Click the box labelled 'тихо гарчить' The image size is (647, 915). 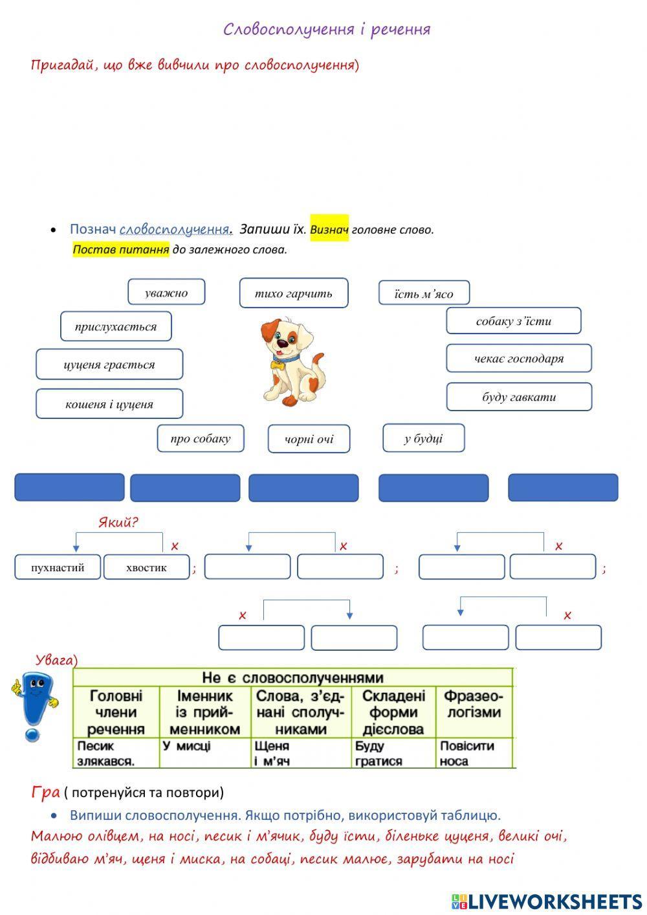pos(294,293)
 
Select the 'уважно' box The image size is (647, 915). pos(166,292)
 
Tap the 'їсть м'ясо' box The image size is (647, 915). pos(424,293)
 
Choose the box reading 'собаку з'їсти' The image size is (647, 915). pos(513,321)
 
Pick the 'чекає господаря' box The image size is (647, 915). pos(518,358)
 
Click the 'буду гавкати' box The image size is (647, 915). pos(518,397)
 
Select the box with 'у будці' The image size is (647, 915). pos(423,438)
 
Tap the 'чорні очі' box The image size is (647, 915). pos(309,439)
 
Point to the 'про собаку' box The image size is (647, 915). pos(200,438)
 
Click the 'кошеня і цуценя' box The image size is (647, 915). pos(109,404)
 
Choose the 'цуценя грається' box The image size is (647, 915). pos(109,364)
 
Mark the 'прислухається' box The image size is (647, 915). pos(116,326)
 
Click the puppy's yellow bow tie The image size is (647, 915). pos(278,365)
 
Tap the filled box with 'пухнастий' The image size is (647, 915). pos(58,567)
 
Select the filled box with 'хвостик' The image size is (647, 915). pos(146,567)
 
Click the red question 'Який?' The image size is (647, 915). pos(118,522)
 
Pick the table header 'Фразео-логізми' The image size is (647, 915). pos(473,705)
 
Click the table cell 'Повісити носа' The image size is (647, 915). pos(466,753)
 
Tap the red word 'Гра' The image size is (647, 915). pos(45,791)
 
